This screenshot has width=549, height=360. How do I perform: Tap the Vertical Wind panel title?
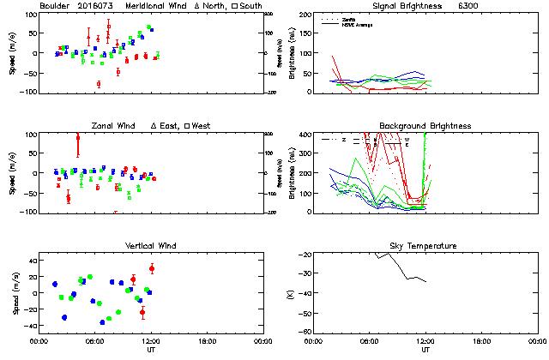(x=149, y=246)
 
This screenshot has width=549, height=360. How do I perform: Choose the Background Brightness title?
(x=425, y=126)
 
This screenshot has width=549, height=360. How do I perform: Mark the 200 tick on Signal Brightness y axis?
(x=305, y=15)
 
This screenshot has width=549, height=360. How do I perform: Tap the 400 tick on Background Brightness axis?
(x=305, y=135)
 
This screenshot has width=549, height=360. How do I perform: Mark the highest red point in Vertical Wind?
(x=152, y=268)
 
